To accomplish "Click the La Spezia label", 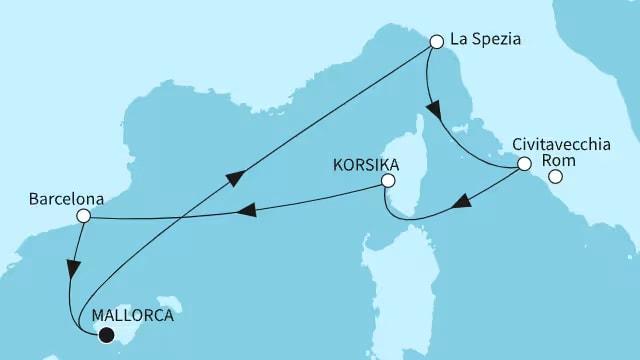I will [486, 41].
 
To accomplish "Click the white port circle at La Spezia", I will [436, 43].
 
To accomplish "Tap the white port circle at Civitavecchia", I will [524, 165].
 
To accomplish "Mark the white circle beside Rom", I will [555, 178].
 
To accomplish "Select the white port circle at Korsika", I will [387, 181].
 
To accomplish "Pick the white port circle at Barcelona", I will [84, 215].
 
